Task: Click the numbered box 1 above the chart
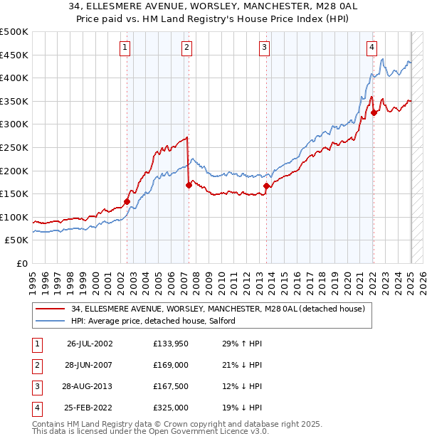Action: pos(125,48)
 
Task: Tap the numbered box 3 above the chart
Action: pos(264,48)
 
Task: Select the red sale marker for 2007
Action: pos(189,185)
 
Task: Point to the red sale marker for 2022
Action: pos(374,112)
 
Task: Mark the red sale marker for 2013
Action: pos(266,186)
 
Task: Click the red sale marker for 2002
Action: pos(127,201)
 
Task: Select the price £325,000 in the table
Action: pos(171,408)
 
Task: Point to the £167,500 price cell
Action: pos(171,386)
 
